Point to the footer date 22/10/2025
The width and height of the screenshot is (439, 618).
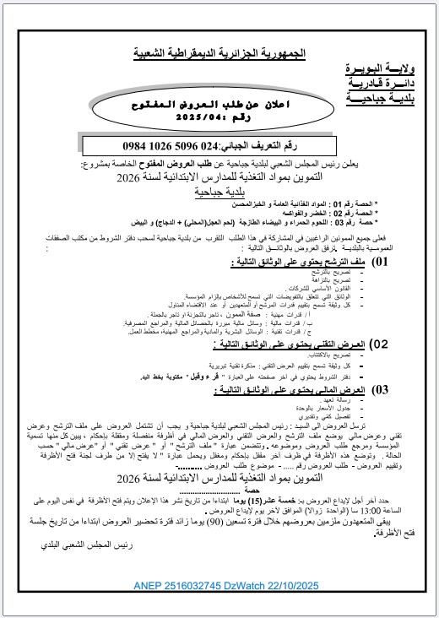(x=297, y=584)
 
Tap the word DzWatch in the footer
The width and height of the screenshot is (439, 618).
(x=239, y=584)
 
